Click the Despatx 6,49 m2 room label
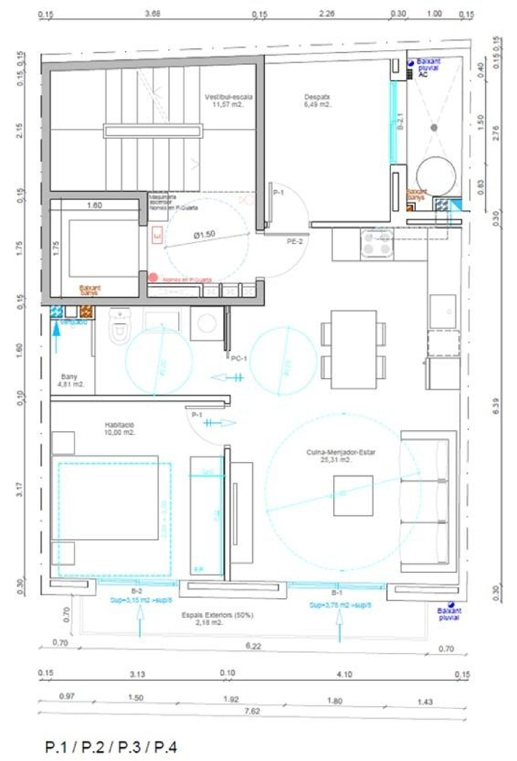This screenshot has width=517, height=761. (x=317, y=100)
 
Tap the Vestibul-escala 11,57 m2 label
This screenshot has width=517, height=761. (x=229, y=100)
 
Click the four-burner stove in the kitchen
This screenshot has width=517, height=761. (x=377, y=243)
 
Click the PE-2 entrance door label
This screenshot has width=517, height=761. (x=295, y=242)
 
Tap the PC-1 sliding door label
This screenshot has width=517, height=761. (x=239, y=358)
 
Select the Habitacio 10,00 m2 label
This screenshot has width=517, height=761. (x=119, y=428)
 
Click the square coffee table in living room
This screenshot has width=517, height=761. (x=353, y=496)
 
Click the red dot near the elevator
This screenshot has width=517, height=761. (x=153, y=277)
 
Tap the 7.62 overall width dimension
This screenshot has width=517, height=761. (x=252, y=711)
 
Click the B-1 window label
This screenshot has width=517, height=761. (x=337, y=593)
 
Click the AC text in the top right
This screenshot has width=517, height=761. (x=423, y=74)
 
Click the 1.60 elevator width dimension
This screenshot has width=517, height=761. (x=94, y=205)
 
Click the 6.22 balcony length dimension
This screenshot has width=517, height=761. (x=253, y=646)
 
